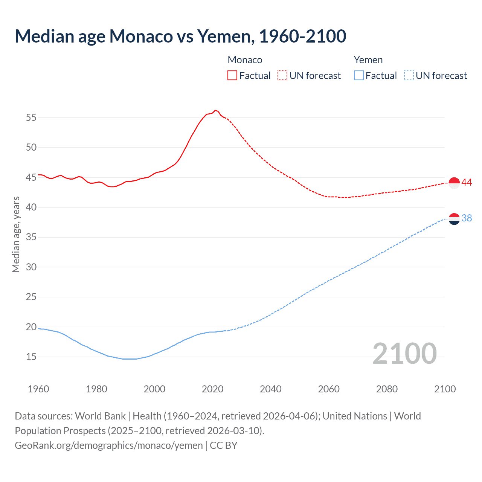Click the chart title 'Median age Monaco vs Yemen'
point(180,37)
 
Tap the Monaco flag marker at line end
point(454,183)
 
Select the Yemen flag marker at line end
point(454,218)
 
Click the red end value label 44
point(467,183)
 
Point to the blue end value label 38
point(467,218)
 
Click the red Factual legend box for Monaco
point(232,76)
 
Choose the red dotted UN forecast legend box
point(282,76)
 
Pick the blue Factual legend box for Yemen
point(358,76)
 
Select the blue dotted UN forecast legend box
point(409,76)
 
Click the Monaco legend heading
point(245,60)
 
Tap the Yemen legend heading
point(368,60)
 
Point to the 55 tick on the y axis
point(31,117)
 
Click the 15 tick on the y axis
point(31,357)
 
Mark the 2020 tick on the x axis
point(212,389)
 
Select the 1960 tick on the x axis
point(38,389)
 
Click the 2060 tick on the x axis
point(329,389)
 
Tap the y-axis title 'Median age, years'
point(16,234)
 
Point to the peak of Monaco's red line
point(215,110)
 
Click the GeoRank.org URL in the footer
point(109,445)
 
